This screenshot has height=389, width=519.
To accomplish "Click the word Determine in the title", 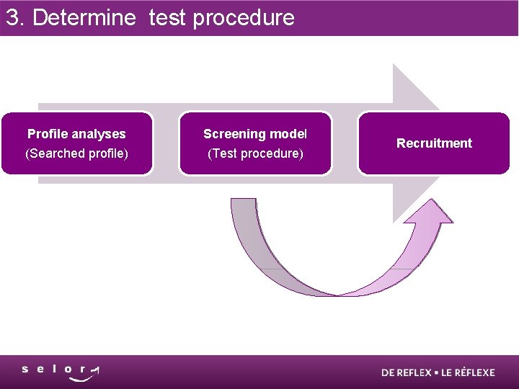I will coord(84,17).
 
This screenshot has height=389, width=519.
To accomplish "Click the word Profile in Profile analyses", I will coord(48,134).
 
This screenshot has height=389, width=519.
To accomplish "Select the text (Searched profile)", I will coord(76,153).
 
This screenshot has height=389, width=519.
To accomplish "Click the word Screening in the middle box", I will coord(232,134).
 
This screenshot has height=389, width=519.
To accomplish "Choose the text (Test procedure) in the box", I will coord(255,153).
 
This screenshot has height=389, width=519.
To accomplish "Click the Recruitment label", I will coord(434,143).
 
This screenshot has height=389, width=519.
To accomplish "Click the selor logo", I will coord(61,371).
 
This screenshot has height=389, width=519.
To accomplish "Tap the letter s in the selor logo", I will coord(25,369).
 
